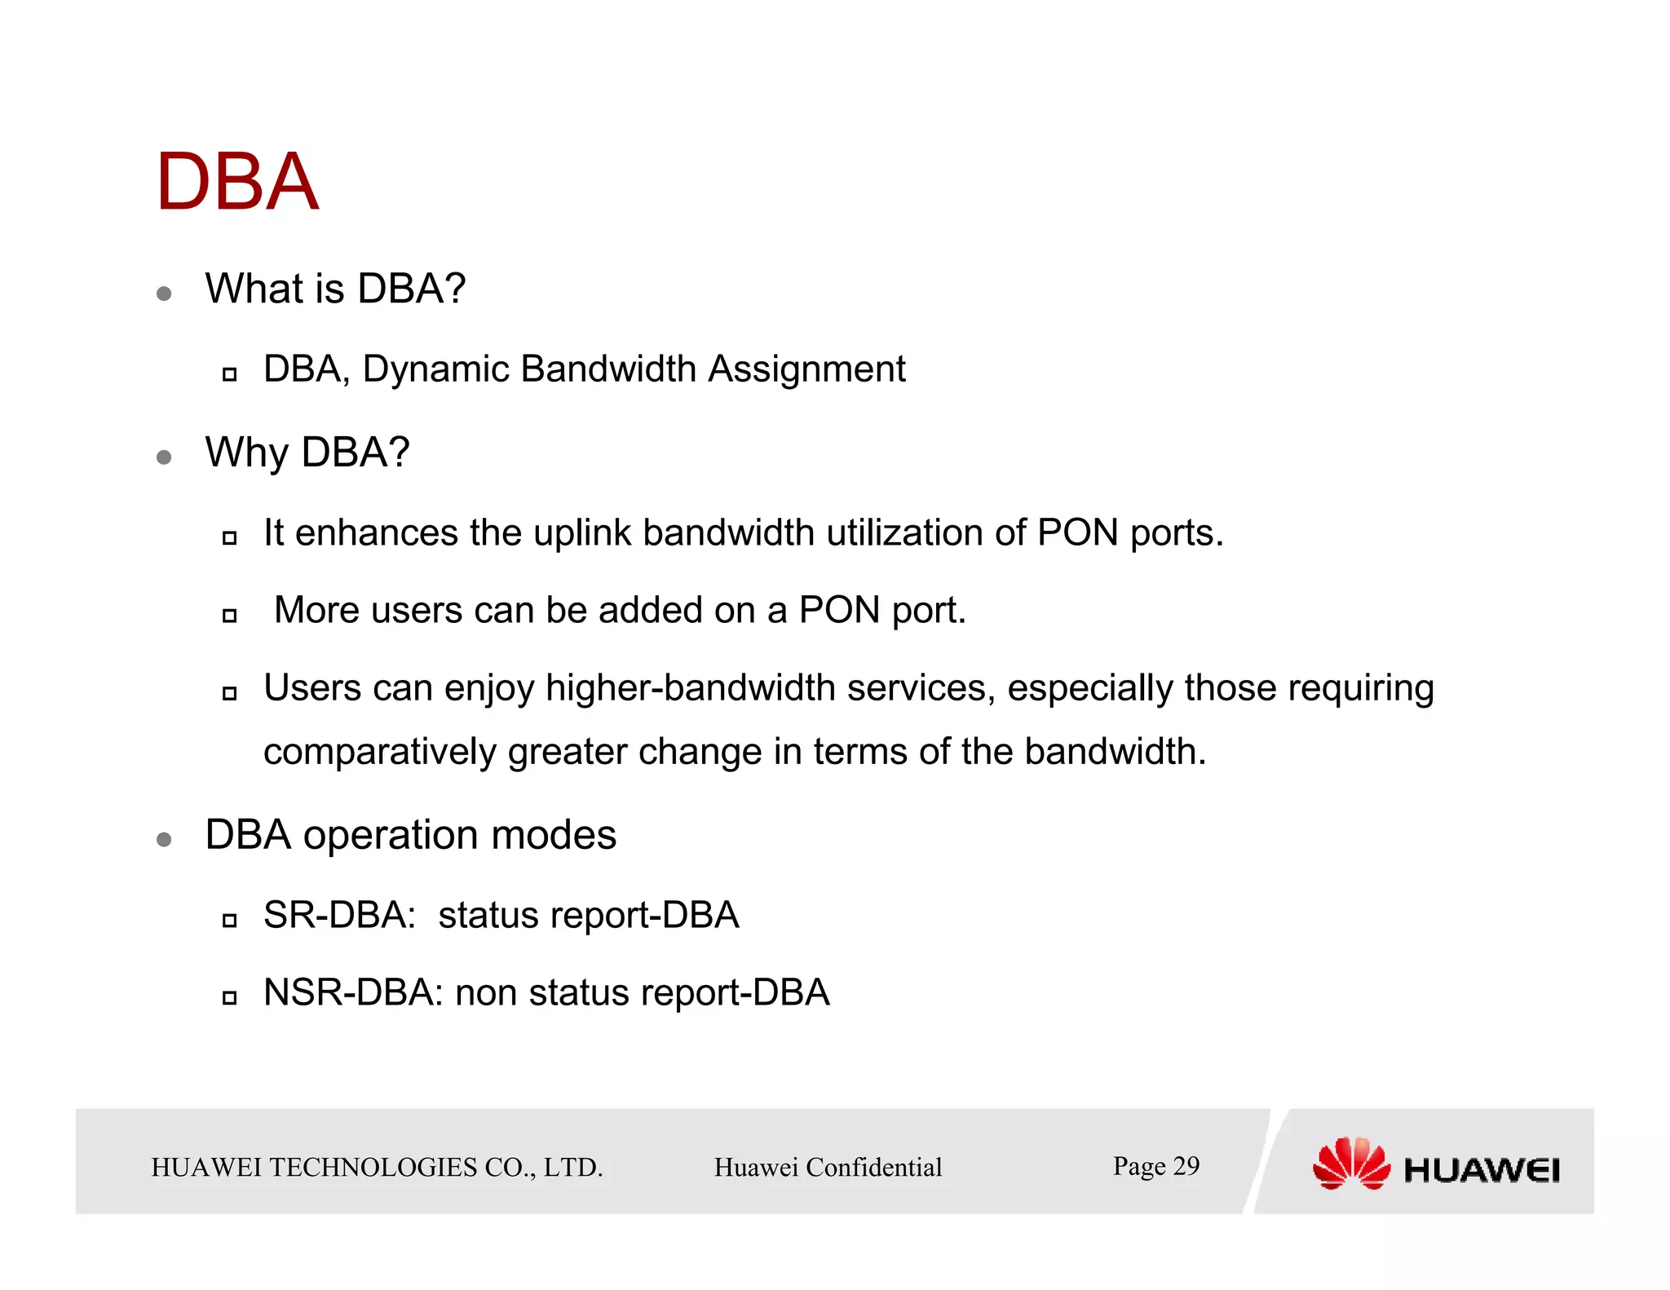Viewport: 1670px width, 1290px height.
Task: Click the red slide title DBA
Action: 236,183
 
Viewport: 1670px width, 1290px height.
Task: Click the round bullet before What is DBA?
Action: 164,294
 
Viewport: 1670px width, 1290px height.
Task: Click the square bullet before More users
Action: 229,616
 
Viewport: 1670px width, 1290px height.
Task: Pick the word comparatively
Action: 379,752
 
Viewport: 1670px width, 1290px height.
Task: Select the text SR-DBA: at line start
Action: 339,915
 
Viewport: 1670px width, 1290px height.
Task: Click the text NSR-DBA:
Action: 353,993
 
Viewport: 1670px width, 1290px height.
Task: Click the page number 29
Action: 1186,1166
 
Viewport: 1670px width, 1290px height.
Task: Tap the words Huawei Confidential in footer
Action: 828,1168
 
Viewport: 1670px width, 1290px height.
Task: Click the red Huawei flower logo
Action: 1350,1164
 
